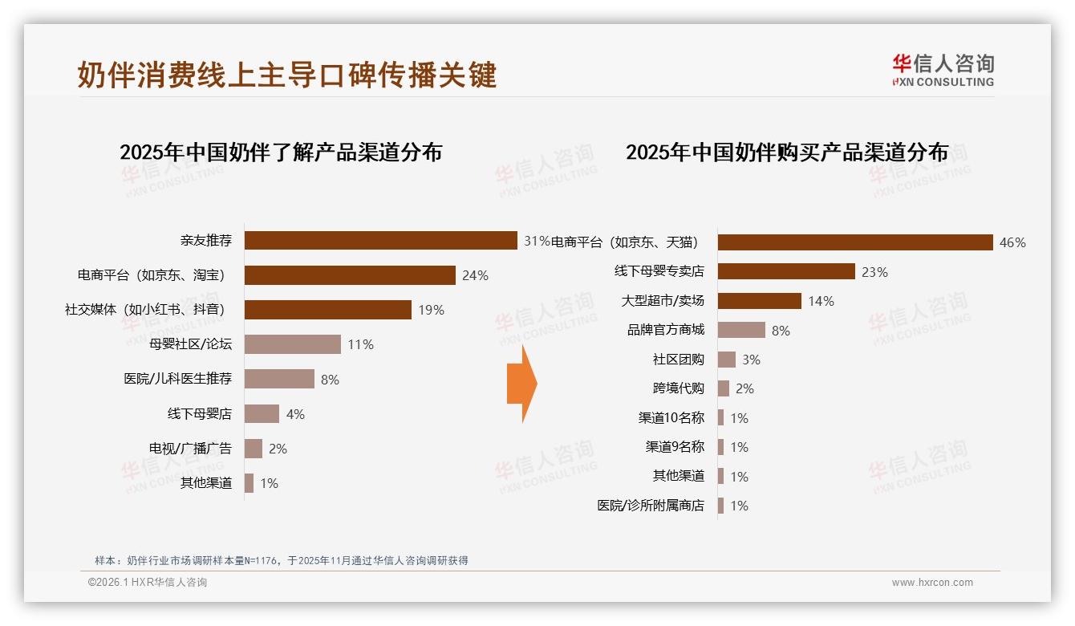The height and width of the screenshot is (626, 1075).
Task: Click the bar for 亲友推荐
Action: coord(380,240)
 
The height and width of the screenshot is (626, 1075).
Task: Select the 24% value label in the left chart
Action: coord(475,275)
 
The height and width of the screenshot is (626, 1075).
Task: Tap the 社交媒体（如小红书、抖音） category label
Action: coord(144,310)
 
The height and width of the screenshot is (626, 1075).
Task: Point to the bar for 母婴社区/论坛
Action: coord(293,344)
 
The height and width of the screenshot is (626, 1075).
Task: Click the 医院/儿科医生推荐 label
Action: coord(177,379)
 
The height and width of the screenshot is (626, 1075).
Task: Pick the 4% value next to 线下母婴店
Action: coord(295,414)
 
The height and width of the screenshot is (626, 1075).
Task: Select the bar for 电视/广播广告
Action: coord(254,449)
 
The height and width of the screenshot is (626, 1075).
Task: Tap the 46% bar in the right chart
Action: coord(855,242)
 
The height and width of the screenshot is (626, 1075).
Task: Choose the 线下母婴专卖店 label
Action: coord(659,271)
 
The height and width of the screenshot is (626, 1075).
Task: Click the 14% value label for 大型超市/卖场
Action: coord(821,301)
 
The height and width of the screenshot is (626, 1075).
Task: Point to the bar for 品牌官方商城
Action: coord(741,330)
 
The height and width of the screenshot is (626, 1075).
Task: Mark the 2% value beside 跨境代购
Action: coord(744,388)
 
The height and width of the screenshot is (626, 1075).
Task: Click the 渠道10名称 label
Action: coord(671,418)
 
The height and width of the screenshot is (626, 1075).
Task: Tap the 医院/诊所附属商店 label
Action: coord(651,506)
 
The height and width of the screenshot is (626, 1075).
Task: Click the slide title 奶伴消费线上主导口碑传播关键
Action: coord(287,75)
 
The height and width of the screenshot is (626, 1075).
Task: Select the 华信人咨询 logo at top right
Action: coord(943,70)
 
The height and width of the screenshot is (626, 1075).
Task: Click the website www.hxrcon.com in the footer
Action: coord(932,583)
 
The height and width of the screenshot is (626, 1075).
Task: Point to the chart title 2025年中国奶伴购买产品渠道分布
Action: coord(787,152)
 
